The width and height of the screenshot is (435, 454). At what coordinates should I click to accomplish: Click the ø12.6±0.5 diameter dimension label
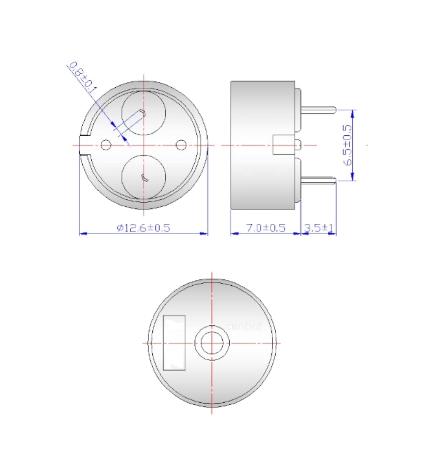(143, 228)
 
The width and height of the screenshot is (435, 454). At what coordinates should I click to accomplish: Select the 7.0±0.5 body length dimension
(266, 228)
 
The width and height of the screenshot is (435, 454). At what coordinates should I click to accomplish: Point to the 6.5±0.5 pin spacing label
(348, 145)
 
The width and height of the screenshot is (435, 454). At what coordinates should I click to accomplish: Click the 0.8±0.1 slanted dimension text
(83, 76)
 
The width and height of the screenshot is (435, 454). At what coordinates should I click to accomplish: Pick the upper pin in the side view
(319, 109)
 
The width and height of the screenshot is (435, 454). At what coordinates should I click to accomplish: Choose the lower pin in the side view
(319, 180)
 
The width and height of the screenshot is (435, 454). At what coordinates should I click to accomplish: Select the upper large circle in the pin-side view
(144, 113)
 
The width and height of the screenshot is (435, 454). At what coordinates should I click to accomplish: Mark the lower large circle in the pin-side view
(144, 177)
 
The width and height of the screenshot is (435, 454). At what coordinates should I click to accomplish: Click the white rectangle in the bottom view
(175, 343)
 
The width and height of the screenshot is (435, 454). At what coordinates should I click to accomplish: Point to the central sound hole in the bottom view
(212, 343)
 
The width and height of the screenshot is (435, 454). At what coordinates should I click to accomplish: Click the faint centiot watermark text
(244, 326)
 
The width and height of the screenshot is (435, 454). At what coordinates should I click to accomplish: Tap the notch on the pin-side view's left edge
(86, 145)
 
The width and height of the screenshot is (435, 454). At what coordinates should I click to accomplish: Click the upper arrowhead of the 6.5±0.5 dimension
(353, 112)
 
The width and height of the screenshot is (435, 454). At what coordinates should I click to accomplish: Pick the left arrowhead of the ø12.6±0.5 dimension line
(84, 233)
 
